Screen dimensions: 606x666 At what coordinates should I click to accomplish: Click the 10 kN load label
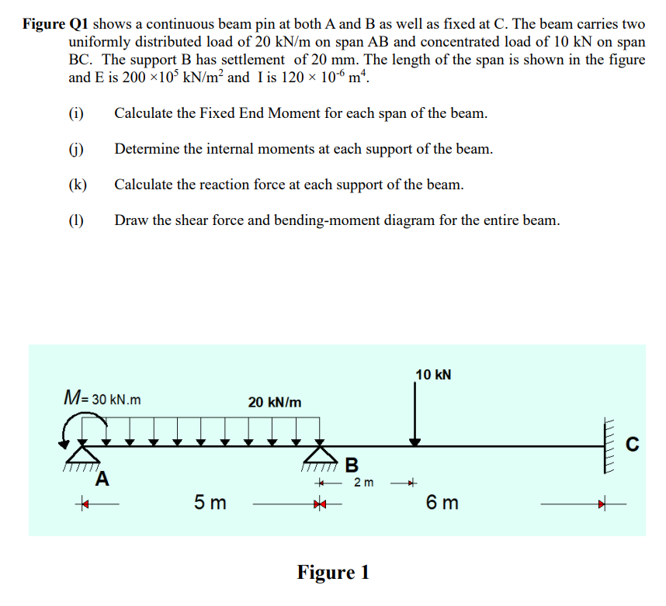pyautogui.click(x=434, y=375)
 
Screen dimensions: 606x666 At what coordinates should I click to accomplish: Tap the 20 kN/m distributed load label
pyautogui.click(x=275, y=402)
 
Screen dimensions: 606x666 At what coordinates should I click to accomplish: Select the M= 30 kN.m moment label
pyautogui.click(x=102, y=400)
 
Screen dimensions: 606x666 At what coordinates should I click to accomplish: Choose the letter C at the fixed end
pyautogui.click(x=633, y=445)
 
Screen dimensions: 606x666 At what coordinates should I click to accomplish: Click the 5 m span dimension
pyautogui.click(x=210, y=503)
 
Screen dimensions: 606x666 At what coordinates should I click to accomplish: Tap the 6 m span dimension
pyautogui.click(x=442, y=503)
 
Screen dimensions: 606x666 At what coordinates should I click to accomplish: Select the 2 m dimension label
pyautogui.click(x=363, y=483)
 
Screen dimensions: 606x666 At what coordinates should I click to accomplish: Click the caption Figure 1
pyautogui.click(x=333, y=573)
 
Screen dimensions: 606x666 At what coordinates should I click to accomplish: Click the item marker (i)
pyautogui.click(x=76, y=113)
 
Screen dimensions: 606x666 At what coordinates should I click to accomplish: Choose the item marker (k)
pyautogui.click(x=77, y=185)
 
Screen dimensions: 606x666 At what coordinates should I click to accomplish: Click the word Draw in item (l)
pyautogui.click(x=131, y=220)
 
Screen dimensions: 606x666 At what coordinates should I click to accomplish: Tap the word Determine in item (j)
pyautogui.click(x=145, y=149)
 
